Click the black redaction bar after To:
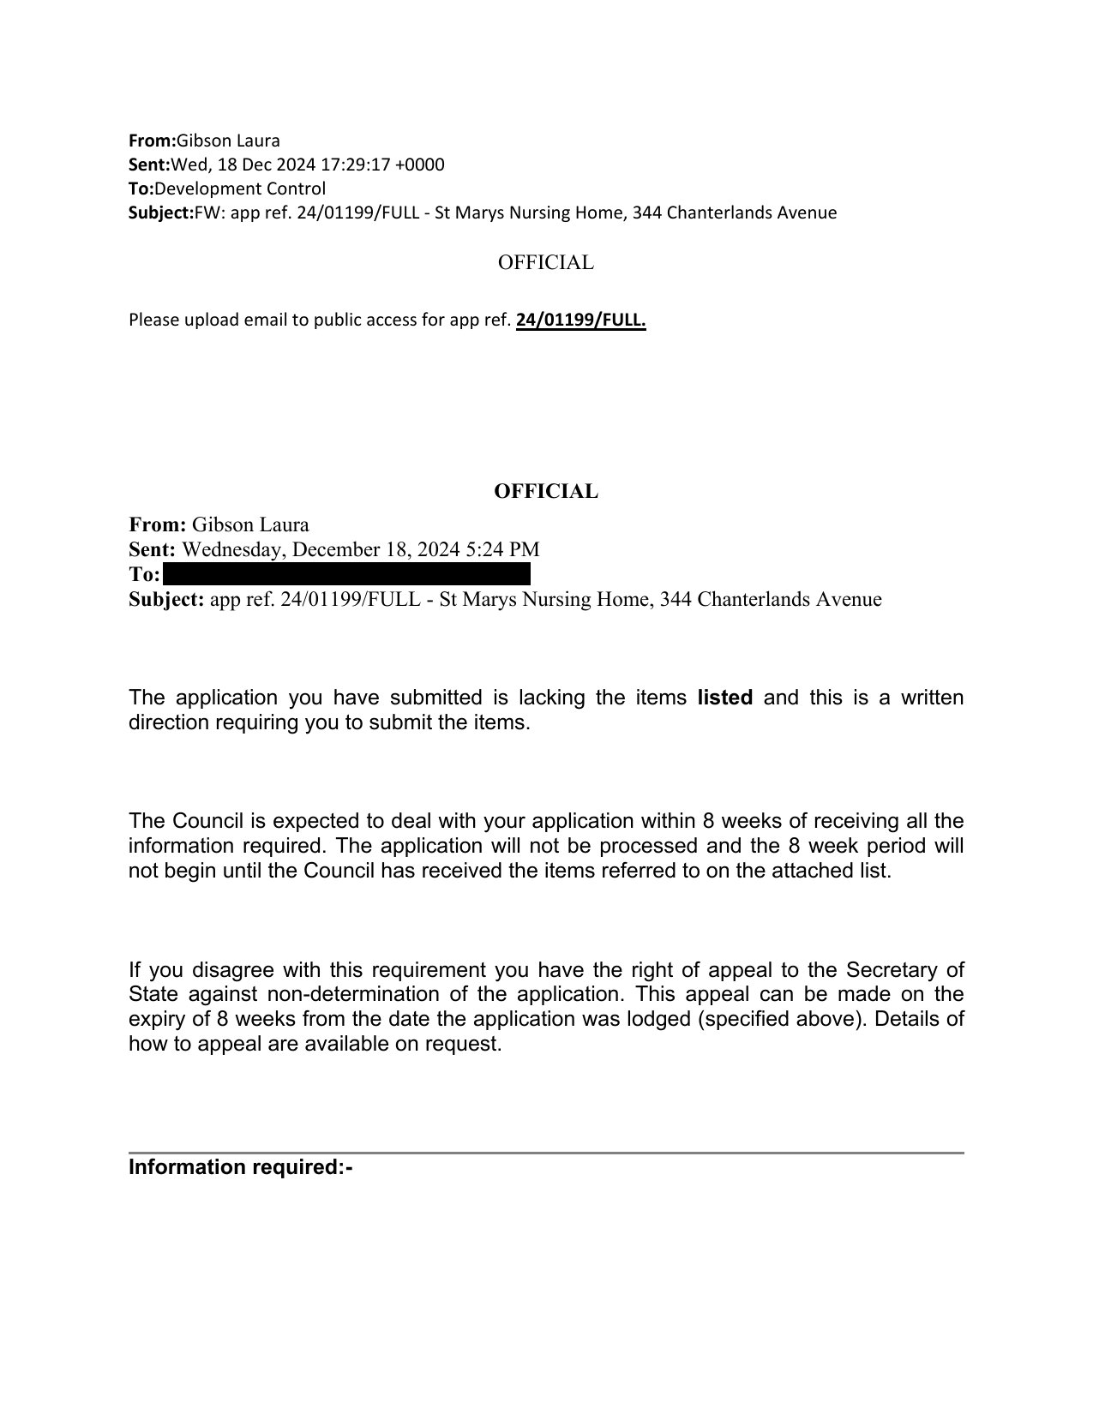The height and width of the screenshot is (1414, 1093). (x=345, y=573)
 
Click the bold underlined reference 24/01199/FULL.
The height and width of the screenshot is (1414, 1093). (x=580, y=321)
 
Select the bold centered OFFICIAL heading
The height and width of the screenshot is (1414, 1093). (x=545, y=492)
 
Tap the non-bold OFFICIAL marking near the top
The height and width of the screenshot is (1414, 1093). (x=545, y=263)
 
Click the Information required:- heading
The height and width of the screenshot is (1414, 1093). (x=240, y=1167)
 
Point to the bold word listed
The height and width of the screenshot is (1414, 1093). (x=725, y=698)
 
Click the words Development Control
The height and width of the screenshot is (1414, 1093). (x=240, y=189)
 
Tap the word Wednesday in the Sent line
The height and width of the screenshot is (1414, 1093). (x=225, y=549)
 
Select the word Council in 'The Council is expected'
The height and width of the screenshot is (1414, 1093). (x=208, y=821)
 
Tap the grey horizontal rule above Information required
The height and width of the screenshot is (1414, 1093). (x=545, y=1153)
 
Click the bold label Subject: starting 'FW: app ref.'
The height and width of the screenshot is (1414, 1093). (x=161, y=213)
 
